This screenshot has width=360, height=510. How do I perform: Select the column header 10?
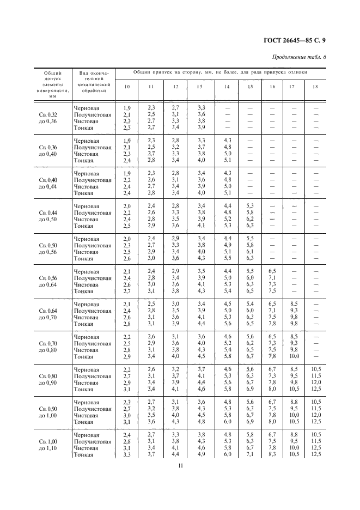(127, 87)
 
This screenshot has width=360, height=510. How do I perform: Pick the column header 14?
(227, 87)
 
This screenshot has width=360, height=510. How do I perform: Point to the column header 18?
(315, 87)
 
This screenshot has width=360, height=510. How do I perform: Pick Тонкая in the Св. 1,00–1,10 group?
(84, 454)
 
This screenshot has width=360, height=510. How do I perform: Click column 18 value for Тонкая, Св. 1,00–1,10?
(315, 454)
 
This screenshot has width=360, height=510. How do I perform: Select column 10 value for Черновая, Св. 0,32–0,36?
(127, 108)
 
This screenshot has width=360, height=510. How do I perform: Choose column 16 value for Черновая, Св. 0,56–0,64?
(272, 271)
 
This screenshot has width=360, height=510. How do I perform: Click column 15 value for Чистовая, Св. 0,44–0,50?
(250, 219)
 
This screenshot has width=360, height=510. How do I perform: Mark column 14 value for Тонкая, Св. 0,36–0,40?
(228, 160)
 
